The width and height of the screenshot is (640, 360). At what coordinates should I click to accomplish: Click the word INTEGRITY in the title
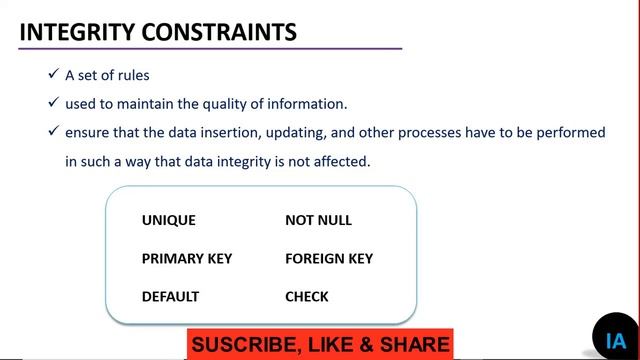[71, 32]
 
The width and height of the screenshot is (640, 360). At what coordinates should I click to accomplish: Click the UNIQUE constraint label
[169, 220]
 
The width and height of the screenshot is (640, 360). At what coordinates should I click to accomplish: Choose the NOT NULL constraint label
[318, 220]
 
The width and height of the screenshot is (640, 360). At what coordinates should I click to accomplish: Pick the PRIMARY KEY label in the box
[187, 258]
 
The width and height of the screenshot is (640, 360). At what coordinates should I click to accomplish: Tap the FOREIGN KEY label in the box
[329, 258]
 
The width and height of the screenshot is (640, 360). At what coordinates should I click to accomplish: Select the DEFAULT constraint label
[170, 296]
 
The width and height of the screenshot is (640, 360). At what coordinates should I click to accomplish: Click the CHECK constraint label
[306, 296]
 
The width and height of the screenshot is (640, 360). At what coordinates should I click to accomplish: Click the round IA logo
[615, 339]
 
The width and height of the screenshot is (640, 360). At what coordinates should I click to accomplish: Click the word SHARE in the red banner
[414, 345]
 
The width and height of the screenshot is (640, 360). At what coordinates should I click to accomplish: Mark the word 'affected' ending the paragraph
[341, 159]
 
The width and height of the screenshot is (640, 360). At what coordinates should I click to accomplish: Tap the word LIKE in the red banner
[330, 345]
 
